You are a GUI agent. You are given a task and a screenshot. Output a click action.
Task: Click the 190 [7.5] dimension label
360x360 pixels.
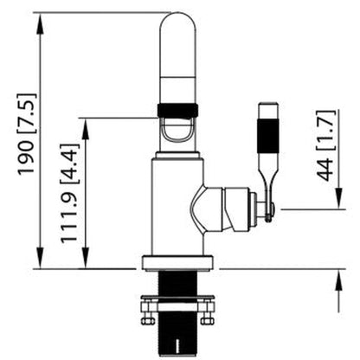28,135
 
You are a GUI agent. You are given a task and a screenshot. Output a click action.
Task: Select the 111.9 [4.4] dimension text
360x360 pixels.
69,193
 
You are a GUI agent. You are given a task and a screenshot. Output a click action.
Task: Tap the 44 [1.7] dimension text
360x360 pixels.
326,145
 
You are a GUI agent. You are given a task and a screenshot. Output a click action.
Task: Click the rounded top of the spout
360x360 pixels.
178,23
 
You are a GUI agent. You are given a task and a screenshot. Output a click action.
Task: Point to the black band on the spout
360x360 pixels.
177,111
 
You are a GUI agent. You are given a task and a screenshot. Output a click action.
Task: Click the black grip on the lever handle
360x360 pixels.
268,136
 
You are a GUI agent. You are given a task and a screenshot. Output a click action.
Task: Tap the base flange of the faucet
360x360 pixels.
177,263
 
